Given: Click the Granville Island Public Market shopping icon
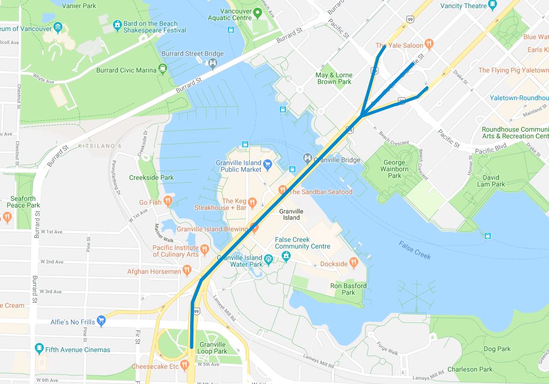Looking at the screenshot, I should tap(267, 165).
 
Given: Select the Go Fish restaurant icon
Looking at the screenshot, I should tap(167, 201).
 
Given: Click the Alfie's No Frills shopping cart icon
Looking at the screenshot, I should tap(101, 321).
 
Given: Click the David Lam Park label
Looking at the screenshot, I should tap(491, 181).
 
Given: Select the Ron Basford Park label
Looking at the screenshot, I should tap(348, 289).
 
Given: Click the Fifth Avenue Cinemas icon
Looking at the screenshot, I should tap(39, 349).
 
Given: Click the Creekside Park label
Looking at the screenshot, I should tap(151, 177).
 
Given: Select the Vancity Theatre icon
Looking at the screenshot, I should tap(492, 5).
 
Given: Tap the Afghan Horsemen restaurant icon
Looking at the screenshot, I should tap(186, 271).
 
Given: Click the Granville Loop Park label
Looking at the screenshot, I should tap(213, 348).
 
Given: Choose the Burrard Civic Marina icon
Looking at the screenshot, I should tap(163, 69).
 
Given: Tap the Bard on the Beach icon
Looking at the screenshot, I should tap(117, 24).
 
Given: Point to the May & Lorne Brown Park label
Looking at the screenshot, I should tap(334, 78).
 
